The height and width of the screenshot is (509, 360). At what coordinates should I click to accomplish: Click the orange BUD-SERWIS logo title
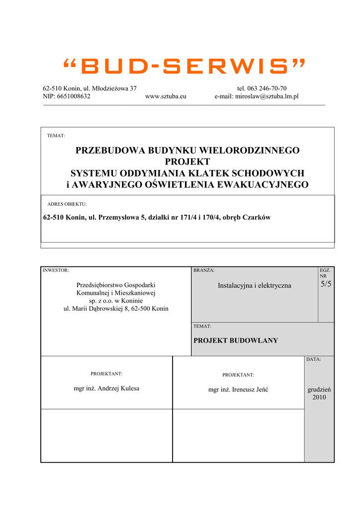tap(184, 66)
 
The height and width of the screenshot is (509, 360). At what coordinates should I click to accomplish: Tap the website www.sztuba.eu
tap(166, 96)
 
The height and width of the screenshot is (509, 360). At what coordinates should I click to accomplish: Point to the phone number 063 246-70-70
tap(267, 88)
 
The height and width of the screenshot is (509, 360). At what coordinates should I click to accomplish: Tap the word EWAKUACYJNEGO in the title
tap(269, 185)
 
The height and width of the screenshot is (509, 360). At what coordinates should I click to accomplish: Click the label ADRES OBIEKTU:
tap(67, 204)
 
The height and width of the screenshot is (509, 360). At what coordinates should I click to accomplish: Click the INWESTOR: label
tap(56, 270)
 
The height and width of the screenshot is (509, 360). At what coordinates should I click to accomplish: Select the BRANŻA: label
tap(204, 270)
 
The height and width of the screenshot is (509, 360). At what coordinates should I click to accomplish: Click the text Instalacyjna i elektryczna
tap(255, 286)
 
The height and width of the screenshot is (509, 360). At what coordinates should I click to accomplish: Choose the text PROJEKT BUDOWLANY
tap(236, 340)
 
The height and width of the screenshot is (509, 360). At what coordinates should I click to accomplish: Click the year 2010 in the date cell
tap(319, 397)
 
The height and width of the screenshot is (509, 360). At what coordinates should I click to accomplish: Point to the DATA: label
tap(313, 359)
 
